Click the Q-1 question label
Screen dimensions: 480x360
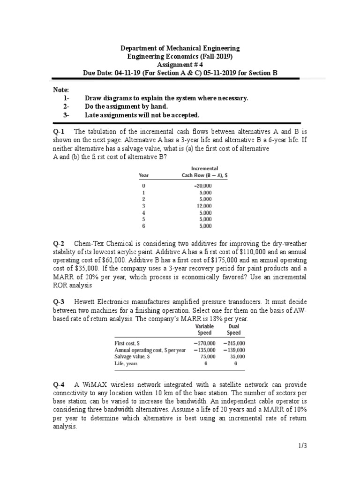point(58,132)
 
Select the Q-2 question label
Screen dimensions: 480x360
point(58,243)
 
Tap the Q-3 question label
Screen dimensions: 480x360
point(58,302)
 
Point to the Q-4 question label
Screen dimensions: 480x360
point(58,385)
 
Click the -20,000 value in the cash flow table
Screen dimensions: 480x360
point(203,186)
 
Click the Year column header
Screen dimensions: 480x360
point(144,175)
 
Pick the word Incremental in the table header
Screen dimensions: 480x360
point(205,168)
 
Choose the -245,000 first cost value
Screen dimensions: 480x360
point(234,343)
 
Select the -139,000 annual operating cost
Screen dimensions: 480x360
point(234,350)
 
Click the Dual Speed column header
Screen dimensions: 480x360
point(233,330)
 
